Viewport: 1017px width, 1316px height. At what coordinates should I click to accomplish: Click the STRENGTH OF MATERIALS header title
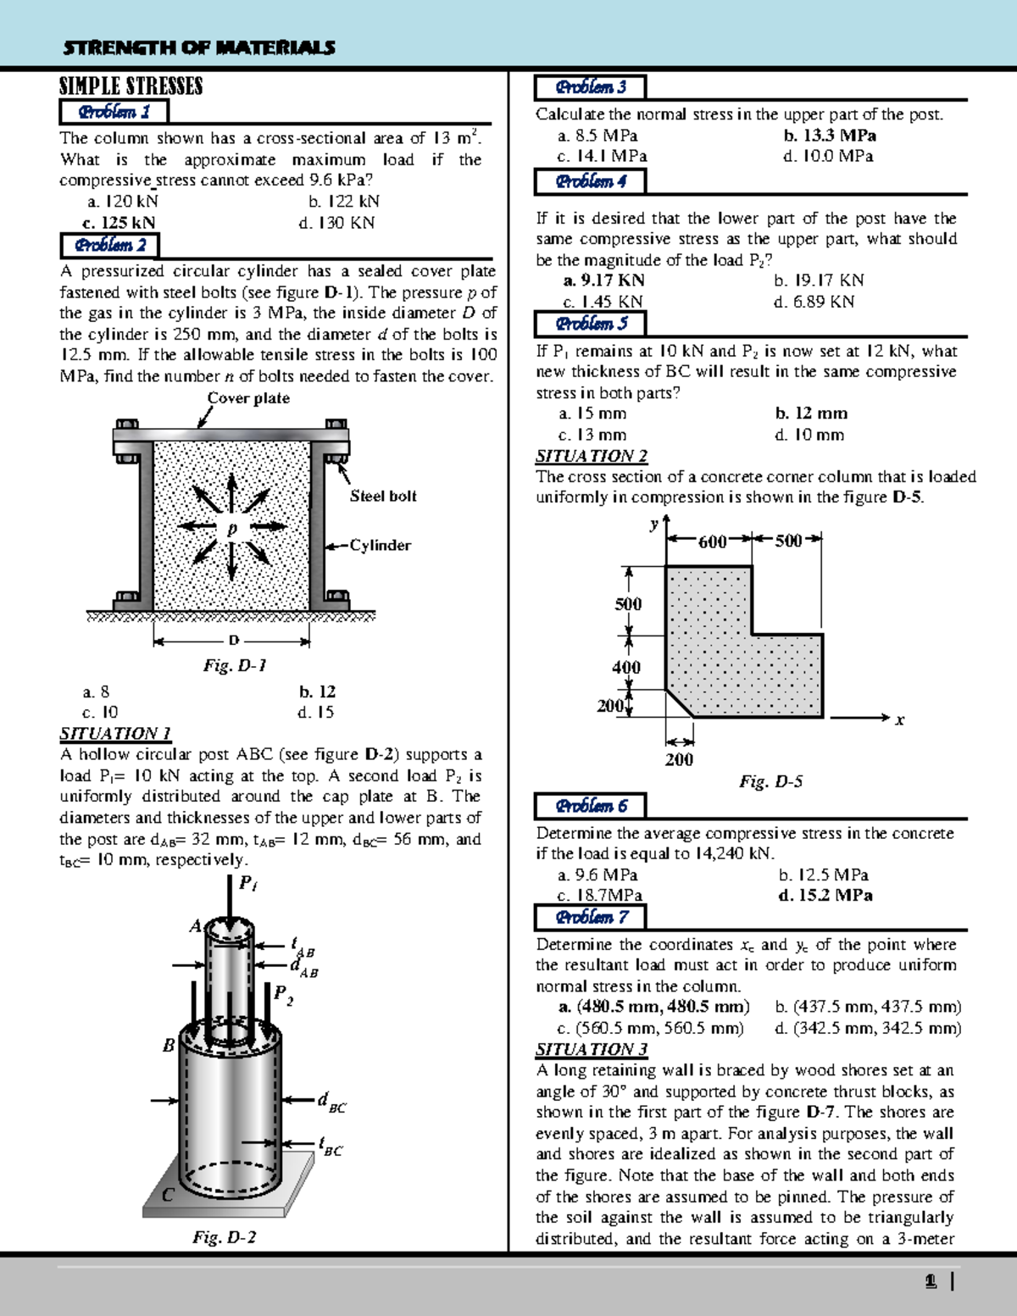[x=198, y=47]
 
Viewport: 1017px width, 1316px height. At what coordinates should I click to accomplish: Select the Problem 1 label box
[x=114, y=112]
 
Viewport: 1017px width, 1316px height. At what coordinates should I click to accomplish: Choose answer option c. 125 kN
[x=119, y=223]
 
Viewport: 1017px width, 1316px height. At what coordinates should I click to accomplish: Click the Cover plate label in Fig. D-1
[x=248, y=398]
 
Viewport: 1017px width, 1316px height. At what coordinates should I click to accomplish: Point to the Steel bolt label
[x=383, y=497]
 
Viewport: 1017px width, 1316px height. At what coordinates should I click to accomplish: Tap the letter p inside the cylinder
[x=231, y=528]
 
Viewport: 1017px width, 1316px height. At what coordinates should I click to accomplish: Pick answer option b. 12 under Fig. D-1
[x=317, y=691]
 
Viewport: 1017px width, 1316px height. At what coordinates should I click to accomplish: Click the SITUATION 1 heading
[x=115, y=734]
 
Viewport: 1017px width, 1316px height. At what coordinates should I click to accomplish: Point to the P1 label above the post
[x=247, y=884]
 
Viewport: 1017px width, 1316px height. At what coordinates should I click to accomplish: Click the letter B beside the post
[x=169, y=1046]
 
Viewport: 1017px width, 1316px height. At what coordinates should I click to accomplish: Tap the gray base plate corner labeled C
[x=168, y=1195]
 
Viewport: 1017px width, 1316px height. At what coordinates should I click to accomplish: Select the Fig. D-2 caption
[x=224, y=1237]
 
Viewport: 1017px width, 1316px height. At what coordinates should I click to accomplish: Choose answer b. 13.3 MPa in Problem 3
[x=830, y=136]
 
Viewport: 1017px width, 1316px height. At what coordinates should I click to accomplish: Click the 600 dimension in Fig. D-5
[x=712, y=541]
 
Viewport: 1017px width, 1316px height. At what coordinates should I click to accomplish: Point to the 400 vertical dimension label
[x=626, y=668]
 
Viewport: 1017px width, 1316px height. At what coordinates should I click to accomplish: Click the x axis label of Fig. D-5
[x=899, y=720]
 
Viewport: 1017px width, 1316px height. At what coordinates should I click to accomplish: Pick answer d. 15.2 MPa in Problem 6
[x=825, y=896]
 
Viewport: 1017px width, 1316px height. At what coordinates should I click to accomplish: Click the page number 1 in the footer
[x=931, y=1282]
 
